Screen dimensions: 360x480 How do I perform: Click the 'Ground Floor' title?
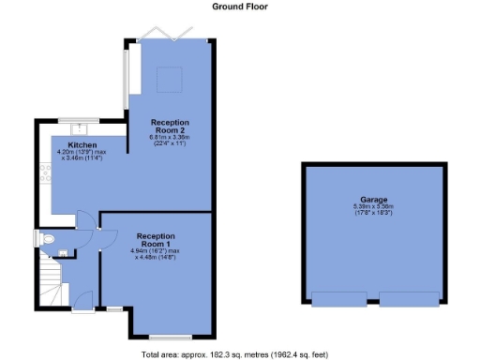pos(239,7)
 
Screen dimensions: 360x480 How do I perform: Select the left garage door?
pos(339,299)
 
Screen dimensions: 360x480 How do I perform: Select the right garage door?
pos(409,299)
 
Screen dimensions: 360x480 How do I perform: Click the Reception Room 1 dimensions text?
pos(156,254)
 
